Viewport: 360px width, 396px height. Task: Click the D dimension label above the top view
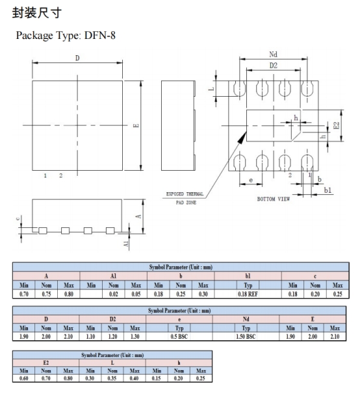[77, 58]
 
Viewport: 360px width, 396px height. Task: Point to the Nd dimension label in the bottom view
[274, 55]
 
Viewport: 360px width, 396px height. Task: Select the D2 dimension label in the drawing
[274, 67]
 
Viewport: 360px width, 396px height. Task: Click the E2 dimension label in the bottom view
[336, 125]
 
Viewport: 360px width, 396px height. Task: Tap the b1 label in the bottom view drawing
[328, 190]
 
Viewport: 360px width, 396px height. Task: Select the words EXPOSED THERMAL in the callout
[186, 194]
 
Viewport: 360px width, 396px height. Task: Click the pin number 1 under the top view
[45, 176]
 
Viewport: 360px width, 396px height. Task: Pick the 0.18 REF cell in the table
[248, 294]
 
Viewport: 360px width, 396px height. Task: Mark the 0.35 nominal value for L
[113, 378]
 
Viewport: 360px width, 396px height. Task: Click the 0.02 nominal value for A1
[113, 294]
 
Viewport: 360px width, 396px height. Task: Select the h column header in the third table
[179, 362]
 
